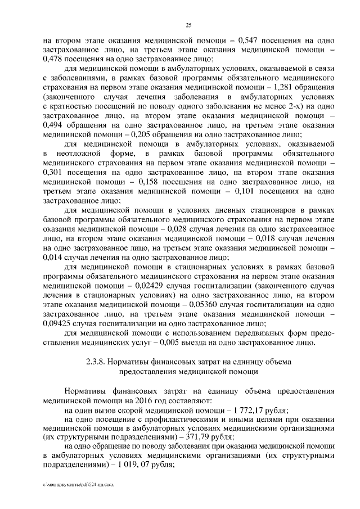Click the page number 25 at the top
(188, 24)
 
